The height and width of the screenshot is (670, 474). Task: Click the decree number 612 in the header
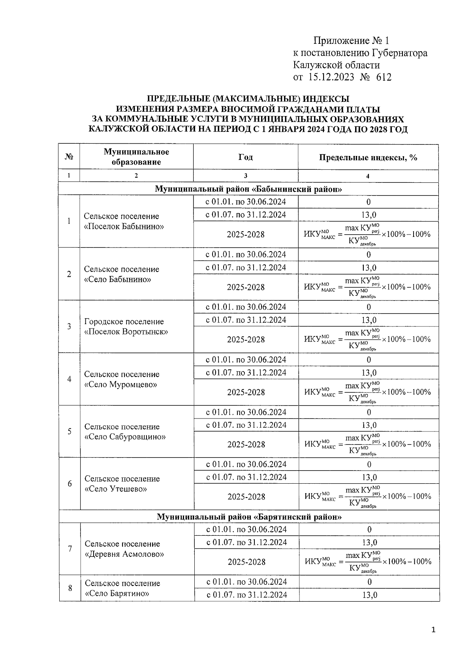[384, 77]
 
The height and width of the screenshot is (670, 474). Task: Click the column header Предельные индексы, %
[368, 157]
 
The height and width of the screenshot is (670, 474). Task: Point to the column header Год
[246, 157]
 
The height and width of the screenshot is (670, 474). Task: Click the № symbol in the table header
[69, 157]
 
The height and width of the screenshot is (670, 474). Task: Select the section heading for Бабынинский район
[248, 189]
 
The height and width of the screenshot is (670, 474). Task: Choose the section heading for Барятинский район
[249, 516]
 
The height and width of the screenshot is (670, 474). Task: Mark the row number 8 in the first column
[70, 588]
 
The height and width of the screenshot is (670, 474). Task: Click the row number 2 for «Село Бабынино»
[69, 274]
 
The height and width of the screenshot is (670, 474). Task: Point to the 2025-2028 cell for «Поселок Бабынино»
[246, 235]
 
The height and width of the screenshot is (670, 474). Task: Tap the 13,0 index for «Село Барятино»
[369, 595]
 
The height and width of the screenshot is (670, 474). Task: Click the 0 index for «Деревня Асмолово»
[369, 529]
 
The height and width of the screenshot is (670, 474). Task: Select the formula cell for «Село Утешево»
[368, 497]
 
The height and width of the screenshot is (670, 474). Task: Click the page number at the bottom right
[433, 629]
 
